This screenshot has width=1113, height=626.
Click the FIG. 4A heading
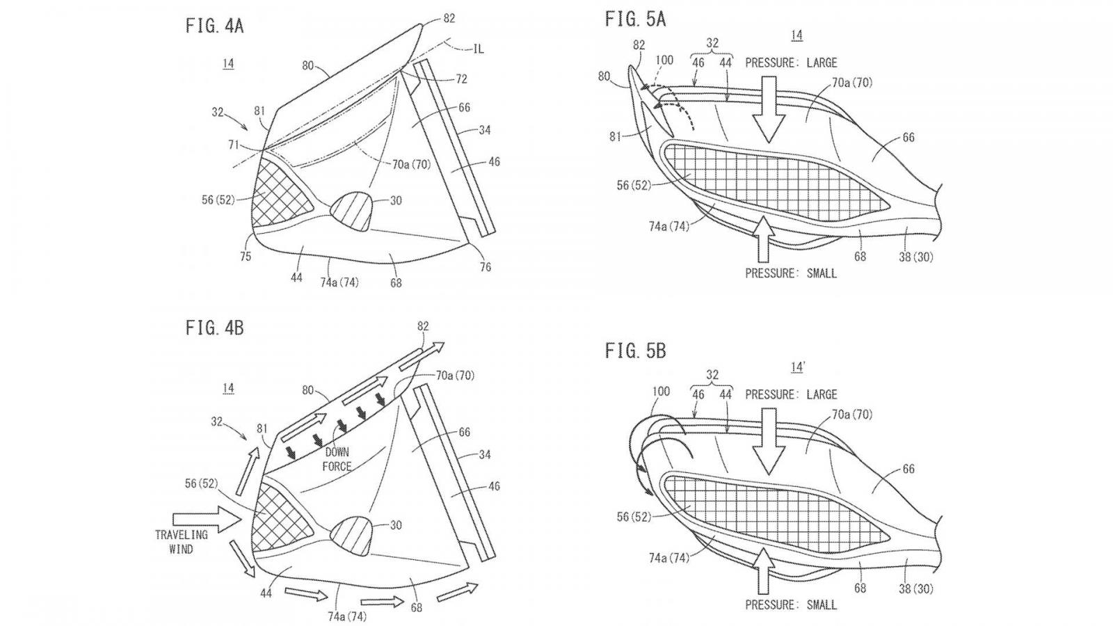point(214,26)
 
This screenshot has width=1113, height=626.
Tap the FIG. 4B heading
point(214,328)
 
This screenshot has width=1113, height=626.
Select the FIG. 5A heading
point(635,19)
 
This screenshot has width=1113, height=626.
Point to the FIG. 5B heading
point(635,351)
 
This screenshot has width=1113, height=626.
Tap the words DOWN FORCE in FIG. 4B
point(337,459)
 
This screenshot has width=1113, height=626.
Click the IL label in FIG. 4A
point(478,48)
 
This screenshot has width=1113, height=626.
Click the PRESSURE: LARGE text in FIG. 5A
point(791,63)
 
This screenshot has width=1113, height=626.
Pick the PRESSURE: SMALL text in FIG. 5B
point(791,605)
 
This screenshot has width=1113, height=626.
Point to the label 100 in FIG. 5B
point(660,392)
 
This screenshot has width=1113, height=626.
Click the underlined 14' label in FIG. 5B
point(797,366)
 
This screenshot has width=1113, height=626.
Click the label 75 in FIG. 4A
point(246,256)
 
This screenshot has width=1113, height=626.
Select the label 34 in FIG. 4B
point(485,455)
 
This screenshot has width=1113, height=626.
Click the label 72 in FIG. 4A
point(461,80)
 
